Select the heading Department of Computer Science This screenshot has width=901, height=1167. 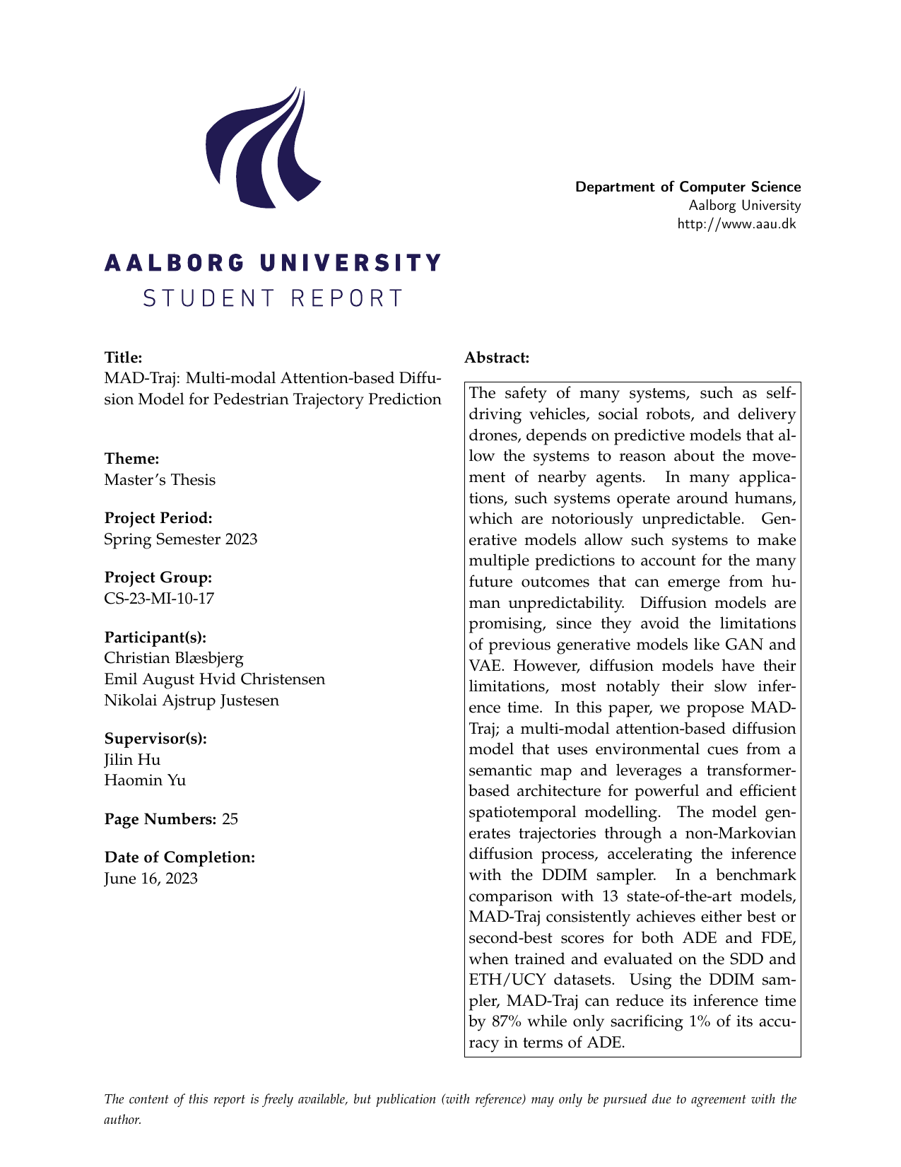point(688,187)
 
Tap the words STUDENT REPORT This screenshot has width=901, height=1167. point(273,298)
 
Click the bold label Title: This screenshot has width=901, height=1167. point(124,358)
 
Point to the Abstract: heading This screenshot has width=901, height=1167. point(497,358)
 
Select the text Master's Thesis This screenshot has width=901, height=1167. point(160,480)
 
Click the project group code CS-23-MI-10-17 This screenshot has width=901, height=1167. point(159,599)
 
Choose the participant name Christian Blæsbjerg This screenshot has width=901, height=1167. point(174,658)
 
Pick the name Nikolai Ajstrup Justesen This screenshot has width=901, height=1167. point(192,700)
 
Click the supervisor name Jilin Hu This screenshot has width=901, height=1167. point(132,760)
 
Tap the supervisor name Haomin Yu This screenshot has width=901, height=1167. point(145,781)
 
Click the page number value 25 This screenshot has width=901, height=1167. point(230,819)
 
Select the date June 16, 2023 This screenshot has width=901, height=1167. point(151,879)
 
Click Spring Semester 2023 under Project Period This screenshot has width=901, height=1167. point(180,539)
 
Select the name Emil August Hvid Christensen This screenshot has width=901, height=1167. point(214,679)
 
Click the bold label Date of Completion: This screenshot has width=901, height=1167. point(179,857)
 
